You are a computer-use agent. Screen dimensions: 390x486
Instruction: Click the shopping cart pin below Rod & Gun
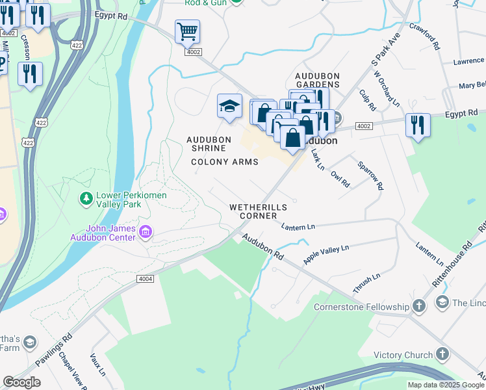coord(187,31)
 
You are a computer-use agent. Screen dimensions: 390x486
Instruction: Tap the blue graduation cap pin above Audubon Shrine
coord(229,106)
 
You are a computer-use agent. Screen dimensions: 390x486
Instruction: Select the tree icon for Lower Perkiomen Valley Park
coord(85,197)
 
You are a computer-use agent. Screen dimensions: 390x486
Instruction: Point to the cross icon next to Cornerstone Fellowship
coord(419,306)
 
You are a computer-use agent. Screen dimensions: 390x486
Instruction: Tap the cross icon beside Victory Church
coord(442,354)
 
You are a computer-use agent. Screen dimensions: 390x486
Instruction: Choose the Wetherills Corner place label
coord(258,211)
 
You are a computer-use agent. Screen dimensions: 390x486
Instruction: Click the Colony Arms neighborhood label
coord(225,162)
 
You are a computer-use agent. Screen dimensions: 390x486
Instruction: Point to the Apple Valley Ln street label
coord(326,254)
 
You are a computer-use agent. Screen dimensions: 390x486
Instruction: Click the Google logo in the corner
coord(21,382)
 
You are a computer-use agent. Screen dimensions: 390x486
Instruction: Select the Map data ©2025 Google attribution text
coord(446,385)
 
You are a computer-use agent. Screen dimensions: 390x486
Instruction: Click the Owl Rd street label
coord(340,179)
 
